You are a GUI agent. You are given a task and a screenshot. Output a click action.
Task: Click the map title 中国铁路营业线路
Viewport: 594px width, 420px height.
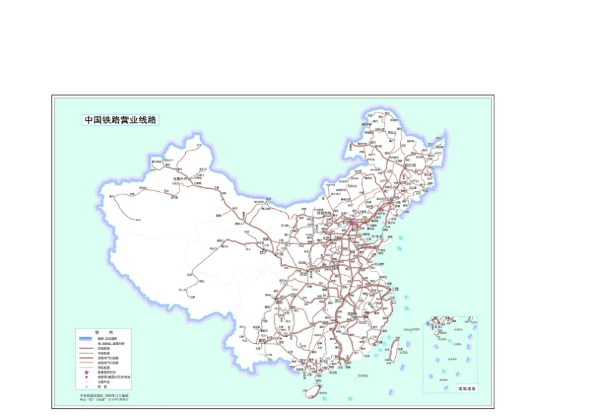pos(120,119)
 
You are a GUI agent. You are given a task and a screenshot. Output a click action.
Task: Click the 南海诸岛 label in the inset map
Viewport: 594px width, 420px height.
pos(467,388)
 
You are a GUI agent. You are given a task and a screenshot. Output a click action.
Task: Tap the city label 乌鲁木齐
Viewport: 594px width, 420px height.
pos(180,178)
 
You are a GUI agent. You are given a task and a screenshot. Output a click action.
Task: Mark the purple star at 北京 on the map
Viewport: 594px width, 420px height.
pos(351,222)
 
